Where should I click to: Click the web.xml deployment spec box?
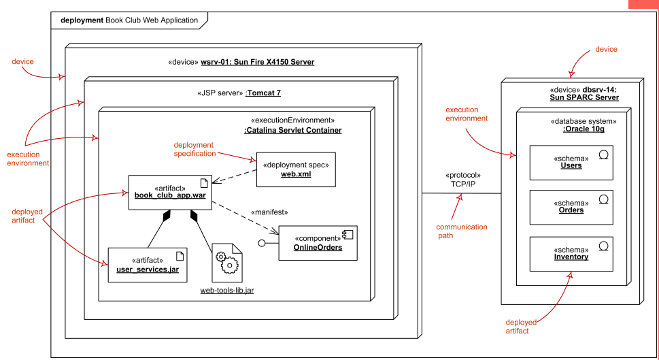(296, 169)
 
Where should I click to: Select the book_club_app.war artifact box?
(170, 192)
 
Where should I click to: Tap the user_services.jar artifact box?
(148, 265)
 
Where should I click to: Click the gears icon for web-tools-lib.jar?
(227, 263)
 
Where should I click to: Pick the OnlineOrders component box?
(318, 243)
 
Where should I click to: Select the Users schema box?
(571, 163)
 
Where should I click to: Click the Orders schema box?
(571, 208)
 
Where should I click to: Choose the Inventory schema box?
(571, 254)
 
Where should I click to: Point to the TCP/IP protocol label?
(463, 184)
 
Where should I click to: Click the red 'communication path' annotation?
(462, 231)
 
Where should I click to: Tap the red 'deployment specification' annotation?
(195, 149)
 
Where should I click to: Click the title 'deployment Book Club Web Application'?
(129, 20)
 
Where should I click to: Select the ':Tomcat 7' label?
(263, 93)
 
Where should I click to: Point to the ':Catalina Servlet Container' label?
(293, 130)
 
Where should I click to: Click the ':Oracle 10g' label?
(584, 129)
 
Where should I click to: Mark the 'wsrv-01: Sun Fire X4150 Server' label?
(258, 62)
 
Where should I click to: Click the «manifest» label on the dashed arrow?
(269, 212)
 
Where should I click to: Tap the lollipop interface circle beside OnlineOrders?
(262, 243)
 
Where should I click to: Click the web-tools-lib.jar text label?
(227, 290)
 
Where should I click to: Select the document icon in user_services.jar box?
(180, 256)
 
